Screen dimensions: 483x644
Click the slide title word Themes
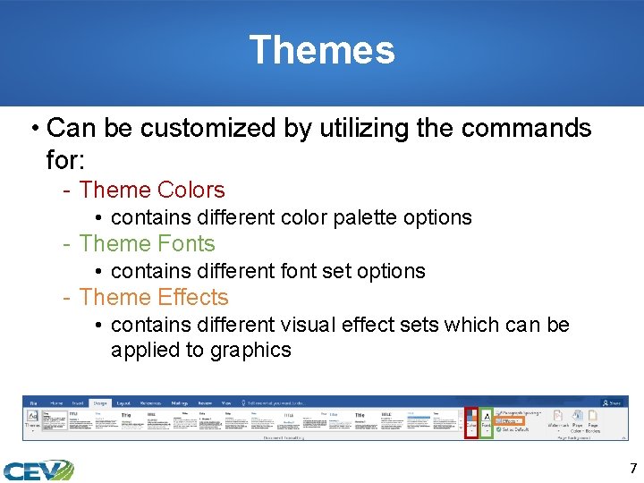click(321, 50)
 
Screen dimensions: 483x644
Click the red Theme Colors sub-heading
click(152, 190)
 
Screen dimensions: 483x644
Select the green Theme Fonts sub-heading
click(148, 243)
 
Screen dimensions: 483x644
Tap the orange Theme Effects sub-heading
click(154, 297)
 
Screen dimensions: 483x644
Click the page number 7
click(633, 469)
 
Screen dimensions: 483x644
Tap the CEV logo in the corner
click(38, 470)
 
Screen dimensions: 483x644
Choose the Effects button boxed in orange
click(510, 419)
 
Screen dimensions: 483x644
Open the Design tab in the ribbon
click(99, 403)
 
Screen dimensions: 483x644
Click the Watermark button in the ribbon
click(557, 421)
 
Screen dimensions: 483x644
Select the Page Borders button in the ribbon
click(592, 421)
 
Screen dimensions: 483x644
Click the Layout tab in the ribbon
click(123, 403)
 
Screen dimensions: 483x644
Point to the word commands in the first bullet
click(528, 128)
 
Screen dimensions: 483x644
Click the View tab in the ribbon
click(225, 403)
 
